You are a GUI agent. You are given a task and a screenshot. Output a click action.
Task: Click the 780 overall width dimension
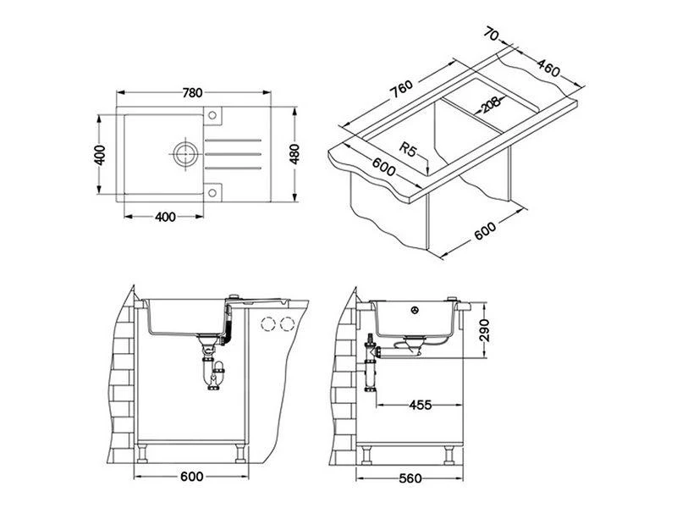click(192, 94)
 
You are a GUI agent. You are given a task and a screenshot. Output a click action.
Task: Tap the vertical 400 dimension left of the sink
click(99, 157)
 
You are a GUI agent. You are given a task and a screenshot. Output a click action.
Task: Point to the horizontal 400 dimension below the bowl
click(166, 217)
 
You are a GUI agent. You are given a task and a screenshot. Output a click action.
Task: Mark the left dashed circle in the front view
click(270, 323)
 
